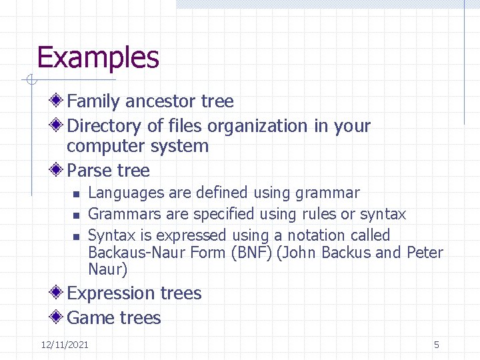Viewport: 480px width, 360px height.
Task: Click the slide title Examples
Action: pos(98,57)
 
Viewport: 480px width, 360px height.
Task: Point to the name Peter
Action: pos(425,253)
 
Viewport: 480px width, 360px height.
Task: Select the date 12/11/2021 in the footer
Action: pos(65,345)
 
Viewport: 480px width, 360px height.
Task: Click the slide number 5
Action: pos(437,345)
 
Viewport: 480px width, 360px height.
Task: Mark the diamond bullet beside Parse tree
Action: pos(57,170)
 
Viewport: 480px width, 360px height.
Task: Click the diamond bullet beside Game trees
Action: pos(57,317)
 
